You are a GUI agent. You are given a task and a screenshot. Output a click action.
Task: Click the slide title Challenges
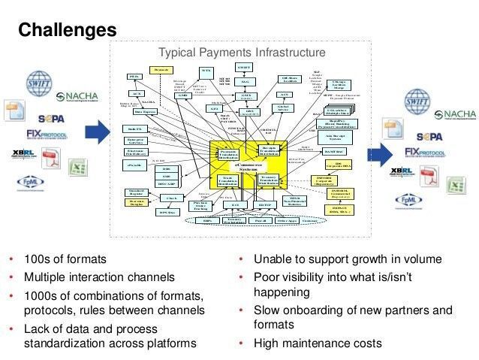[x=67, y=29]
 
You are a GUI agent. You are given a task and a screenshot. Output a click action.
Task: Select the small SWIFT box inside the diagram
[x=244, y=68]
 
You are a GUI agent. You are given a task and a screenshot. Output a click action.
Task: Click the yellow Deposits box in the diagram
[x=158, y=70]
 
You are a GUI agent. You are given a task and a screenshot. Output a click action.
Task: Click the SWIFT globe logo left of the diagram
[x=38, y=82]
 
